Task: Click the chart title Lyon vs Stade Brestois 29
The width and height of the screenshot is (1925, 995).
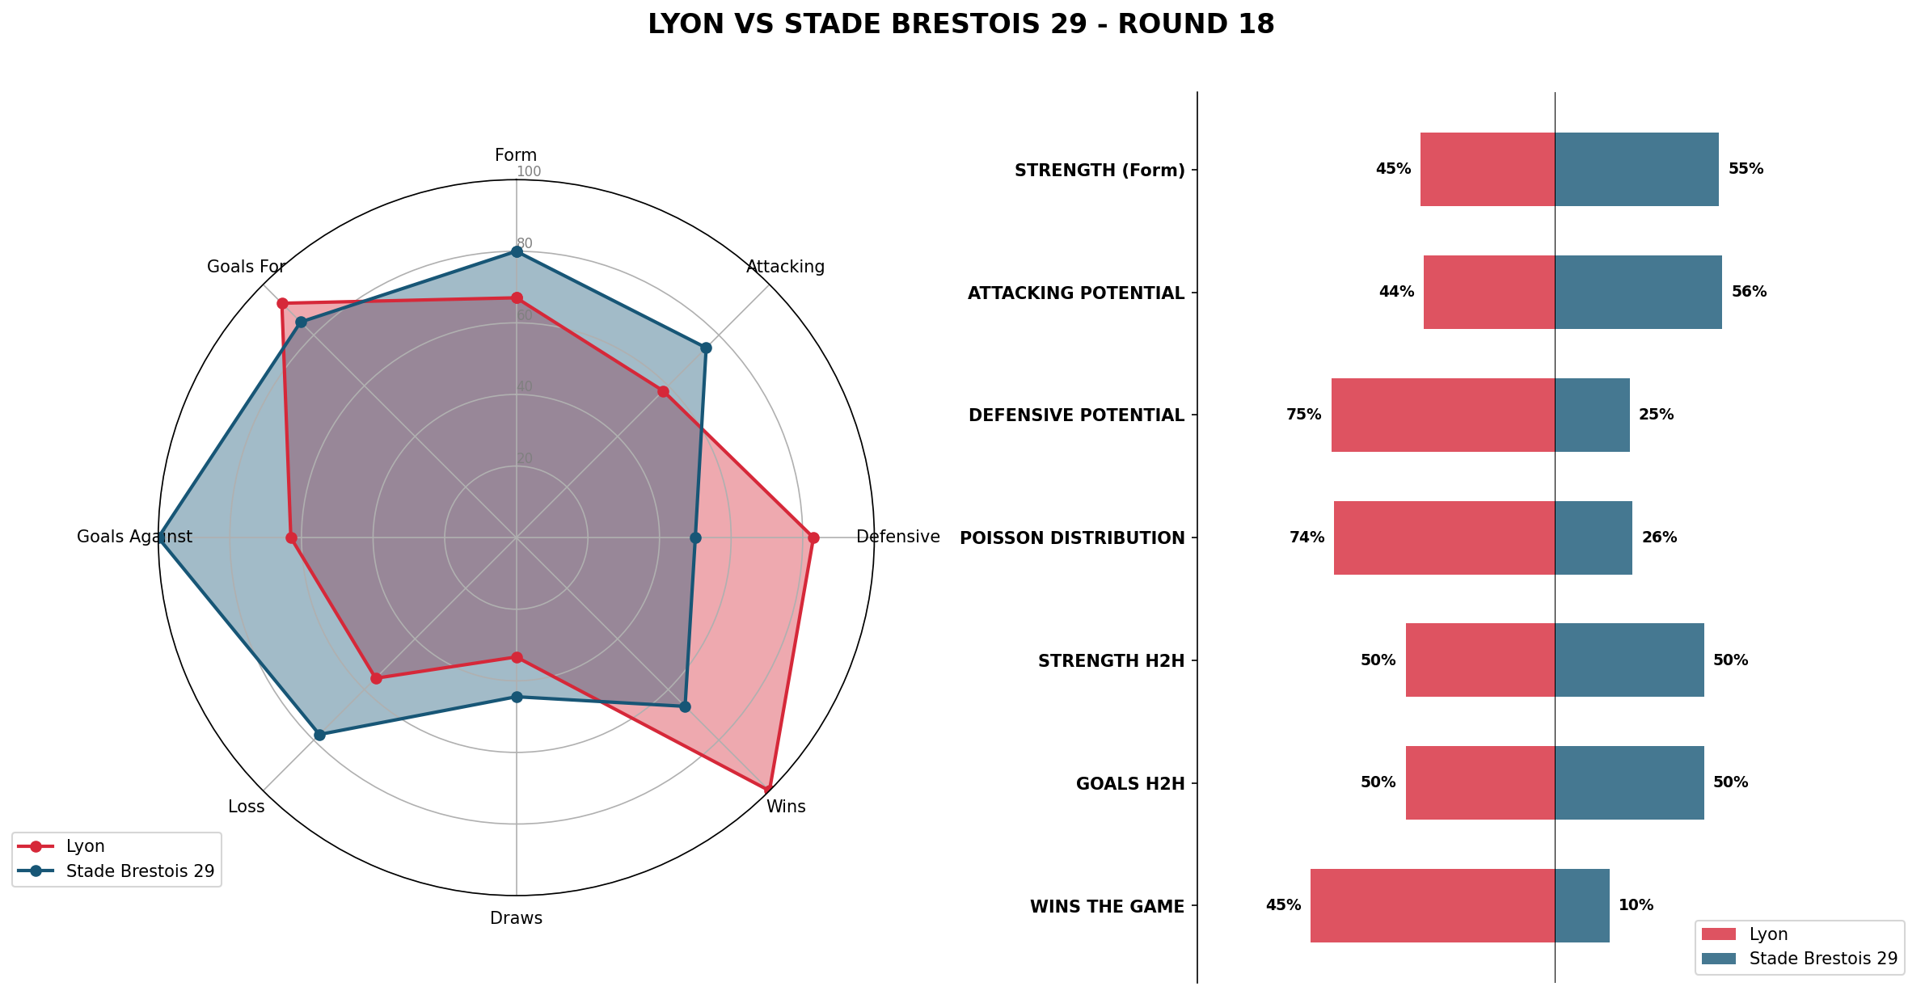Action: [x=960, y=25]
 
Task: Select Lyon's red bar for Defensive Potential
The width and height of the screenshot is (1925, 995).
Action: [x=1442, y=415]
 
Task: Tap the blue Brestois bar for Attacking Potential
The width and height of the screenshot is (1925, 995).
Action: [x=1637, y=292]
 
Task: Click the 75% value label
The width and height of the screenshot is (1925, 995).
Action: [x=1303, y=415]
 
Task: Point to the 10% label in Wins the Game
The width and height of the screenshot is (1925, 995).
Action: [x=1636, y=905]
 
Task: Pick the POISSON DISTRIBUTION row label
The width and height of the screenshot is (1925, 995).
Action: [x=1071, y=538]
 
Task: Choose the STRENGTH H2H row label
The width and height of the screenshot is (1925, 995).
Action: [x=1111, y=661]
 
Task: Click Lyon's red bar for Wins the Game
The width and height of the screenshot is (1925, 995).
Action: [x=1432, y=905]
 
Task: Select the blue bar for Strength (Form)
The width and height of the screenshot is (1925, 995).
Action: [x=1636, y=169]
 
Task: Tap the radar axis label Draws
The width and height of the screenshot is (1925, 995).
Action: [x=516, y=918]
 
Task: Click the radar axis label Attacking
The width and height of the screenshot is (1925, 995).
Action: [x=785, y=267]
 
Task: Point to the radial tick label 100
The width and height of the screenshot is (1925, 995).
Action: [x=529, y=171]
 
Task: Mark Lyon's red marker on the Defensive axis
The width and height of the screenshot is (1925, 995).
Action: [x=813, y=538]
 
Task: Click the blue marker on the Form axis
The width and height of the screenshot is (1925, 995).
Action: [x=517, y=252]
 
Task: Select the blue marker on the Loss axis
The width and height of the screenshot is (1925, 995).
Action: [x=319, y=735]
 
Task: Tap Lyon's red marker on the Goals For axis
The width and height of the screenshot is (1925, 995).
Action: [x=282, y=304]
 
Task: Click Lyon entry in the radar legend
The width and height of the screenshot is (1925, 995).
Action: [x=85, y=846]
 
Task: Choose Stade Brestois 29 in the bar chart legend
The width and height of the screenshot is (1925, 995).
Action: [x=1822, y=959]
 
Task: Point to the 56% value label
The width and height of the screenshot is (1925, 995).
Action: [x=1749, y=292]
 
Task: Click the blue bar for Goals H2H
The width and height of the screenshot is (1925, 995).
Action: [x=1628, y=782]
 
